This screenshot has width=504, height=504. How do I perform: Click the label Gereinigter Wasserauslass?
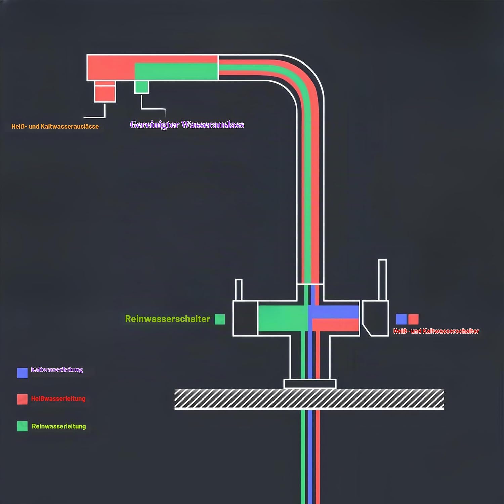click(187, 125)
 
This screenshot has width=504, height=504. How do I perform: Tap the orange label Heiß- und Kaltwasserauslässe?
click(55, 126)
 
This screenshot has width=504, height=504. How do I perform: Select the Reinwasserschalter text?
click(167, 319)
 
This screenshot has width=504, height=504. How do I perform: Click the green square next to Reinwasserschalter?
click(220, 319)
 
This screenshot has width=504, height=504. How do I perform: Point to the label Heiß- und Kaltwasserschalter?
click(436, 331)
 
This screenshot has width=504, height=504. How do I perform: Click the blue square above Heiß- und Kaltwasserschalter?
click(401, 319)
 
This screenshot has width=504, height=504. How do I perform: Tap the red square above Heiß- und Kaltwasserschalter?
click(413, 319)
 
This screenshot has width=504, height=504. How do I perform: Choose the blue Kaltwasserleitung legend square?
click(22, 373)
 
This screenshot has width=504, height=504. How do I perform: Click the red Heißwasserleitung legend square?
click(22, 399)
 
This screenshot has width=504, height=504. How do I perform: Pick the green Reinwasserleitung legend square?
click(22, 426)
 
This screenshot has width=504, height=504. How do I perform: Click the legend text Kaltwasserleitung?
click(57, 370)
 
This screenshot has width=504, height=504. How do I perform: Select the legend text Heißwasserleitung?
click(58, 398)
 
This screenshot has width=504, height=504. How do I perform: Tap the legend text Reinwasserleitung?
click(59, 426)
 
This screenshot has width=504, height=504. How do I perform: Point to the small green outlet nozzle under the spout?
click(141, 87)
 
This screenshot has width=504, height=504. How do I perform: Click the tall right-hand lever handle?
click(383, 280)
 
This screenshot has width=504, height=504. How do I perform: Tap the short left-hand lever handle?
click(239, 290)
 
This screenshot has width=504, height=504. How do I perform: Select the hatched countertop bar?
click(309, 399)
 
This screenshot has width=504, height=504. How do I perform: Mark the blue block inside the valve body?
click(333, 312)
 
